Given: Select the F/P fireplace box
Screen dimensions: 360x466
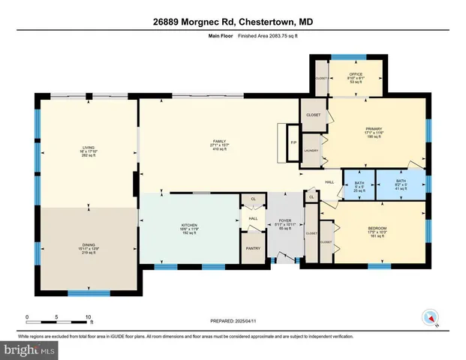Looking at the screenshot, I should pyautogui.click(x=294, y=140).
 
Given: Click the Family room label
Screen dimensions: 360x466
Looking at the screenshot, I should pyautogui.click(x=220, y=145).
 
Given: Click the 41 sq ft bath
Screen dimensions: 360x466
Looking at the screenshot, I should pyautogui.click(x=401, y=185).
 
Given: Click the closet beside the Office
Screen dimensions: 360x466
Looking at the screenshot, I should pyautogui.click(x=320, y=79).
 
